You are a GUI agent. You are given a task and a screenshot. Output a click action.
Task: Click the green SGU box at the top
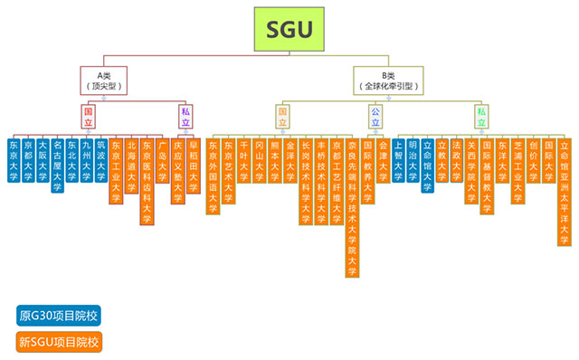[x=289, y=30]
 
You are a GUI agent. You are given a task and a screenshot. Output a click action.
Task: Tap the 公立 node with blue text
[x=375, y=115]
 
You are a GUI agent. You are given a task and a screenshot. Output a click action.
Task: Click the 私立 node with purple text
[x=185, y=115]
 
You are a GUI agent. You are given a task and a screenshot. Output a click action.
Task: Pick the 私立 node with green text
[x=482, y=115]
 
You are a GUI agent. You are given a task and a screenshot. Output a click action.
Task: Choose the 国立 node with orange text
[x=283, y=115]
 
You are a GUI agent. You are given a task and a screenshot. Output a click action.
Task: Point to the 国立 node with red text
[x=88, y=115]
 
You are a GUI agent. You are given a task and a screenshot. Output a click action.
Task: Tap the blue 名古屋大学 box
[x=57, y=165]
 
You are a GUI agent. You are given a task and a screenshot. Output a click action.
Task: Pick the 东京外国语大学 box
[x=214, y=175]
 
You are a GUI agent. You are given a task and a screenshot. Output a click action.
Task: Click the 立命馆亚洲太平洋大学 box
[x=565, y=191]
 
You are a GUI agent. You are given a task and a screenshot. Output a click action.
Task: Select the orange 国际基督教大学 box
[x=487, y=175]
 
